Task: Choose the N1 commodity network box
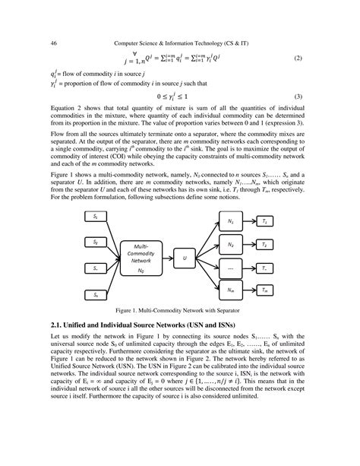230,222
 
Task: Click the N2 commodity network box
230,246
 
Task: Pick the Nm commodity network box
230,290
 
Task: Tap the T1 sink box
264,221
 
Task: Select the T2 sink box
264,246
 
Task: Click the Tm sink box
264,290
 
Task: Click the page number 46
54,43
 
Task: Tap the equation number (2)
298,59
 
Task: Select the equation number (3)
298,97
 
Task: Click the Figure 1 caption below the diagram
180,311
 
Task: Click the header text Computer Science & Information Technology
180,43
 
